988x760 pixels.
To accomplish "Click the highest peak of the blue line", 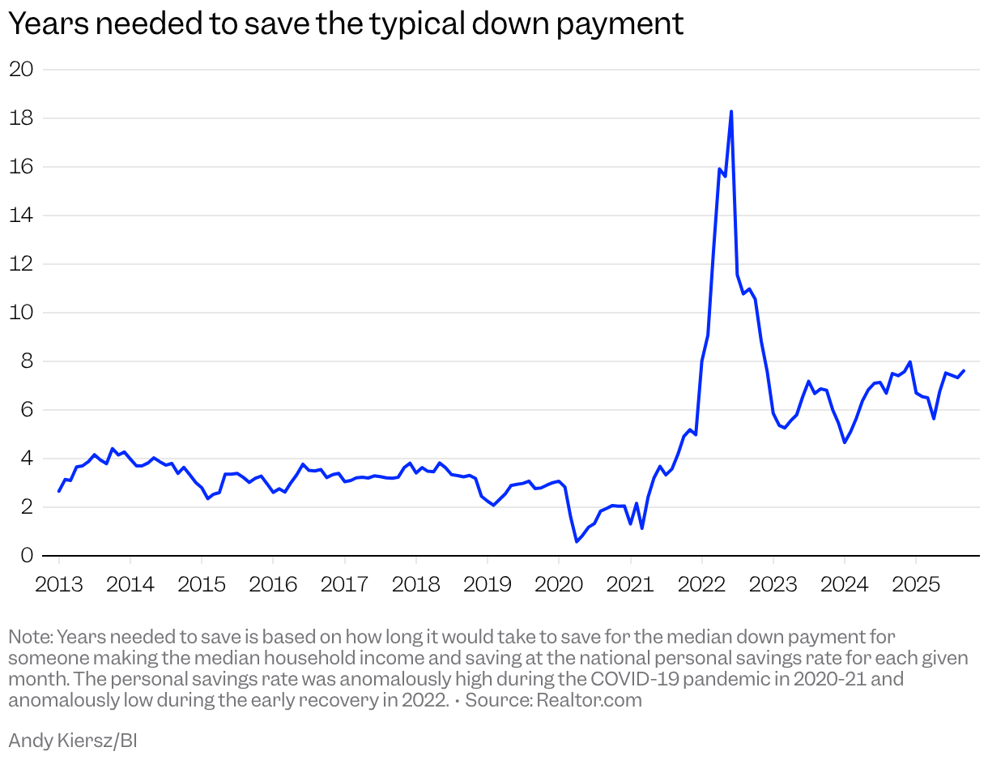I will pos(731,111).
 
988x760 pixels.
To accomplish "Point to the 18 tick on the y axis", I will pos(21,117).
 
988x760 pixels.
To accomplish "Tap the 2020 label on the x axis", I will pos(558,583).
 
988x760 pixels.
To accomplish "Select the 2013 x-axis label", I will pos(58,583).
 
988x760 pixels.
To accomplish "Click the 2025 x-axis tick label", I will pos(915,583).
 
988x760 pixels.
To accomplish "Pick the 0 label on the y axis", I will pos(27,556).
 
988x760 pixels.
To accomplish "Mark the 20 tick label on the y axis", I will pos(21,69).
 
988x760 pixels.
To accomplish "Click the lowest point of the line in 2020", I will pos(577,541).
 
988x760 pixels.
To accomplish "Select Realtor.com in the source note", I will pos(589,700).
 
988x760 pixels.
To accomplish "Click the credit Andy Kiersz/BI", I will pos(72,739).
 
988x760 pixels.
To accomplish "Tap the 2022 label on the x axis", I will pos(701,583).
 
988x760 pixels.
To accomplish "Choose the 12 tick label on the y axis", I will pos(21,264).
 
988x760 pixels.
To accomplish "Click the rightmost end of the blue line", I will pos(964,371).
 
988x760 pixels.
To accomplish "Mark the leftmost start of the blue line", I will pos(59,491).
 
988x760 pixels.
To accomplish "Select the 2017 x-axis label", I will pos(344,583).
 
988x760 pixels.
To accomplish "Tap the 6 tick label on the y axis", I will pos(27,410).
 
